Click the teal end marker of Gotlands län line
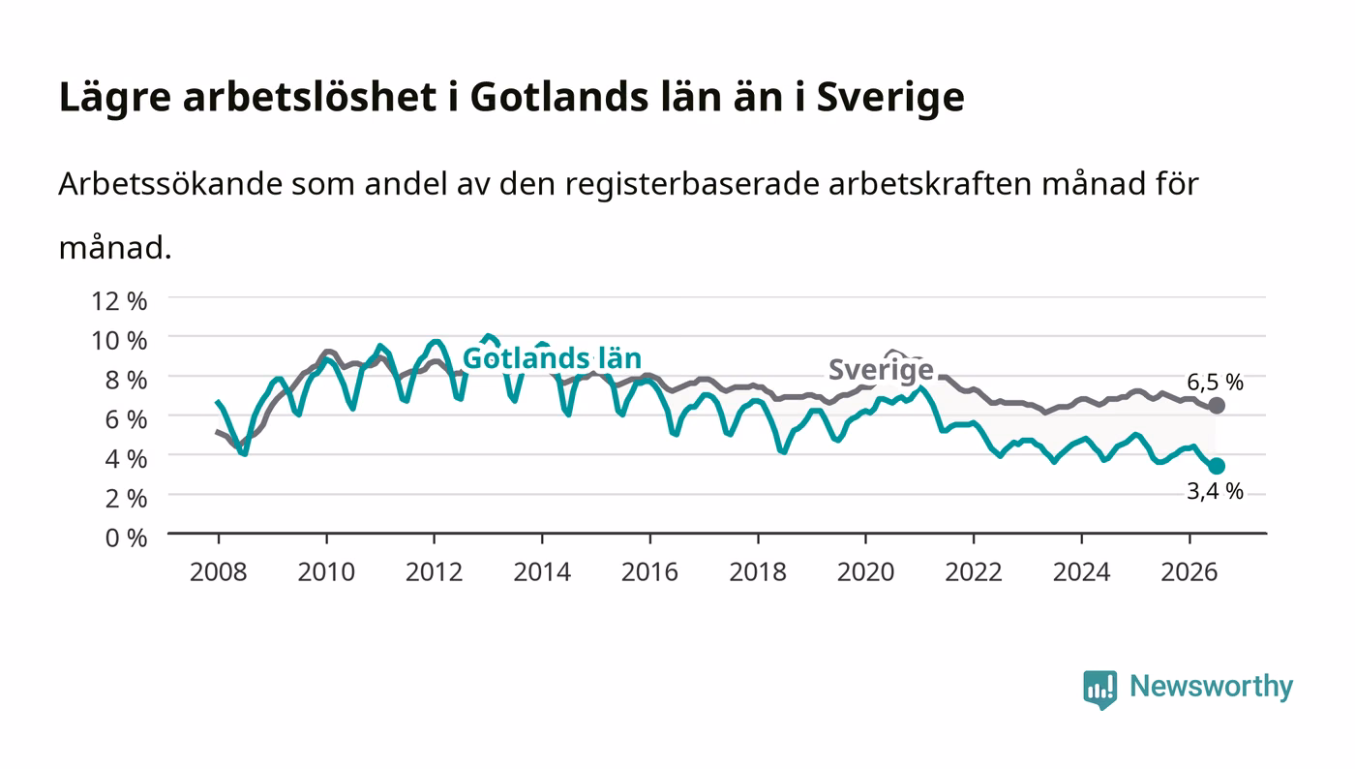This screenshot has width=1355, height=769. [1217, 466]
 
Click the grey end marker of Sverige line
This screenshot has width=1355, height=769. [1217, 406]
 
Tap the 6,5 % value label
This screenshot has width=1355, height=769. [1215, 382]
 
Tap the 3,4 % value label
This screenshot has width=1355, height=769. [1215, 491]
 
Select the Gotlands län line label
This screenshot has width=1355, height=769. [552, 358]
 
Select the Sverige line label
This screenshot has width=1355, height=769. [881, 369]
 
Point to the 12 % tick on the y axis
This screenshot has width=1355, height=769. [118, 301]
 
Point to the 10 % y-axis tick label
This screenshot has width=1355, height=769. [118, 341]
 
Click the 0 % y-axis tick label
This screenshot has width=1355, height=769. [126, 538]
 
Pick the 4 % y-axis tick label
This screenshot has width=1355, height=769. [126, 459]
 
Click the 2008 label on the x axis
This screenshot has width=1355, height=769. [219, 572]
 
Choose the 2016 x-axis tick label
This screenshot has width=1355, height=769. [649, 572]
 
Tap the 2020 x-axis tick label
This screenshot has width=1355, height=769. [865, 572]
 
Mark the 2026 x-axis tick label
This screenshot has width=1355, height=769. [1189, 572]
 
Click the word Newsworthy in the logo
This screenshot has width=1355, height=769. [1211, 687]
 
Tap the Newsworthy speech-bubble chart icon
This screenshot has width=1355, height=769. [1099, 690]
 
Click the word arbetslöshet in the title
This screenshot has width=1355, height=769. [309, 97]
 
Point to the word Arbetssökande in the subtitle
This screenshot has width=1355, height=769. [170, 184]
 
